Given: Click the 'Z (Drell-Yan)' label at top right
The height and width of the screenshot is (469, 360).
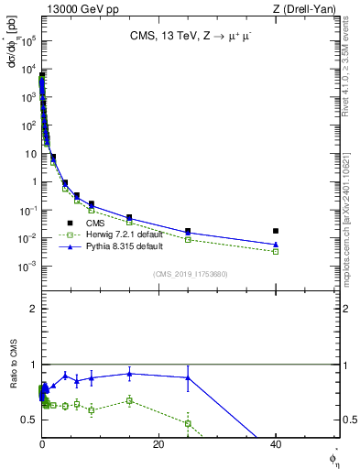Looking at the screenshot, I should click(x=309, y=8).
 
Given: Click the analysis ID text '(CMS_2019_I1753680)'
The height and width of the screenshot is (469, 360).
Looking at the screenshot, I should click(x=190, y=274).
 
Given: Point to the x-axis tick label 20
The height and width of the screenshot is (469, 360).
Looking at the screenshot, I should click(x=158, y=445).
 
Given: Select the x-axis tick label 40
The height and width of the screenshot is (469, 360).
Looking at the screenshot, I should click(x=276, y=445).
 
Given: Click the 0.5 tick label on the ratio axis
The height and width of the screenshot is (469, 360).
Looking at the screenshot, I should click(x=30, y=420).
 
